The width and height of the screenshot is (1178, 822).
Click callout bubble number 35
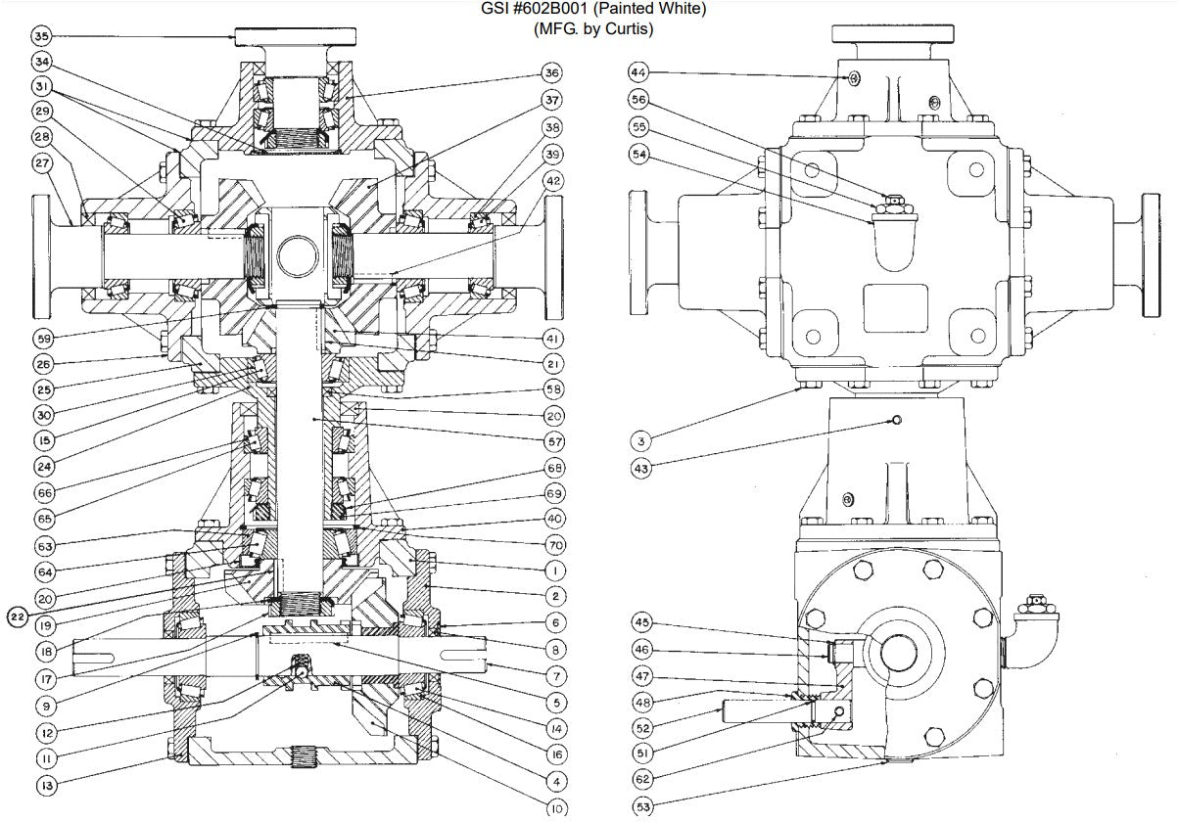(x=40, y=37)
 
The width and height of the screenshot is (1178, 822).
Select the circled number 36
(x=552, y=73)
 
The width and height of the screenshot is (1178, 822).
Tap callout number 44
(x=638, y=73)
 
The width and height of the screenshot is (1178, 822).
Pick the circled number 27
(x=40, y=163)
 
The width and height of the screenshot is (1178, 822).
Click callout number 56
(x=638, y=100)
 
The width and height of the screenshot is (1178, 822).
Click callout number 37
(x=552, y=101)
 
